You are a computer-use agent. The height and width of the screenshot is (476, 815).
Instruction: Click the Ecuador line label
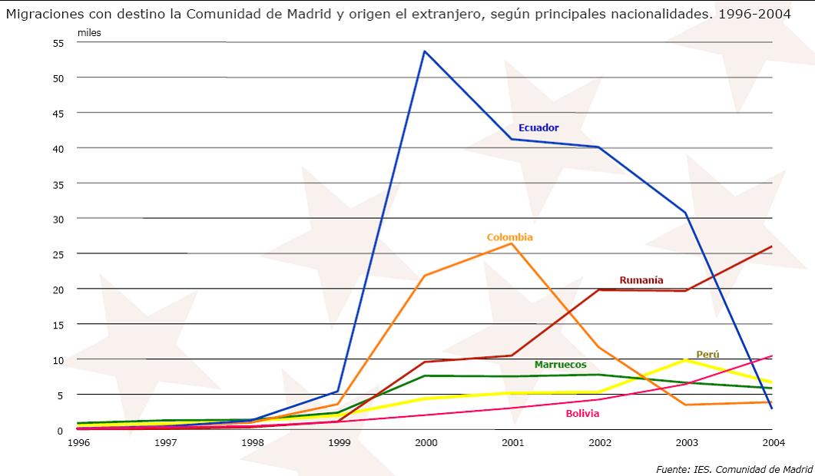click(x=538, y=127)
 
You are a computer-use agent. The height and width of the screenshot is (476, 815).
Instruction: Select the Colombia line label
click(x=509, y=237)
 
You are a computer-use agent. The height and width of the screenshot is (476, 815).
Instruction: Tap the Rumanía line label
click(x=641, y=280)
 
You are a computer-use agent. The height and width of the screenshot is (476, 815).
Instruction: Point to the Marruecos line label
click(x=560, y=364)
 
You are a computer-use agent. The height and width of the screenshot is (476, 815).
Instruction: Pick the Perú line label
click(x=707, y=354)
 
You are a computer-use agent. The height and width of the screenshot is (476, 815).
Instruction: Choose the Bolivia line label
click(x=582, y=413)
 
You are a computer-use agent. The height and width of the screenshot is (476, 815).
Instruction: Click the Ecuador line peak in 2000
click(x=424, y=51)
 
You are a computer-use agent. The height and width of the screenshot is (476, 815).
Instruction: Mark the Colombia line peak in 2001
click(x=512, y=243)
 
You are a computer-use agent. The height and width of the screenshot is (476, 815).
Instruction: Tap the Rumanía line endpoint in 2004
click(x=771, y=246)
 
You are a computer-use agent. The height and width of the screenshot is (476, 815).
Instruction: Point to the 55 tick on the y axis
click(x=58, y=43)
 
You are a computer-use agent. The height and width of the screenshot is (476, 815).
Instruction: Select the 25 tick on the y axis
click(x=58, y=253)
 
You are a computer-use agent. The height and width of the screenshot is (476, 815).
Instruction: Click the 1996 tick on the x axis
click(x=76, y=443)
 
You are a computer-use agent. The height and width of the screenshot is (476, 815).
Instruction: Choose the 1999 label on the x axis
click(x=337, y=443)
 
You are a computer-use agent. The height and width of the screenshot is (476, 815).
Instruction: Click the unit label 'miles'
click(x=89, y=32)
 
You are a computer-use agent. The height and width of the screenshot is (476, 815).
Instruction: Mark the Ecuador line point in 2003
click(x=684, y=213)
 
